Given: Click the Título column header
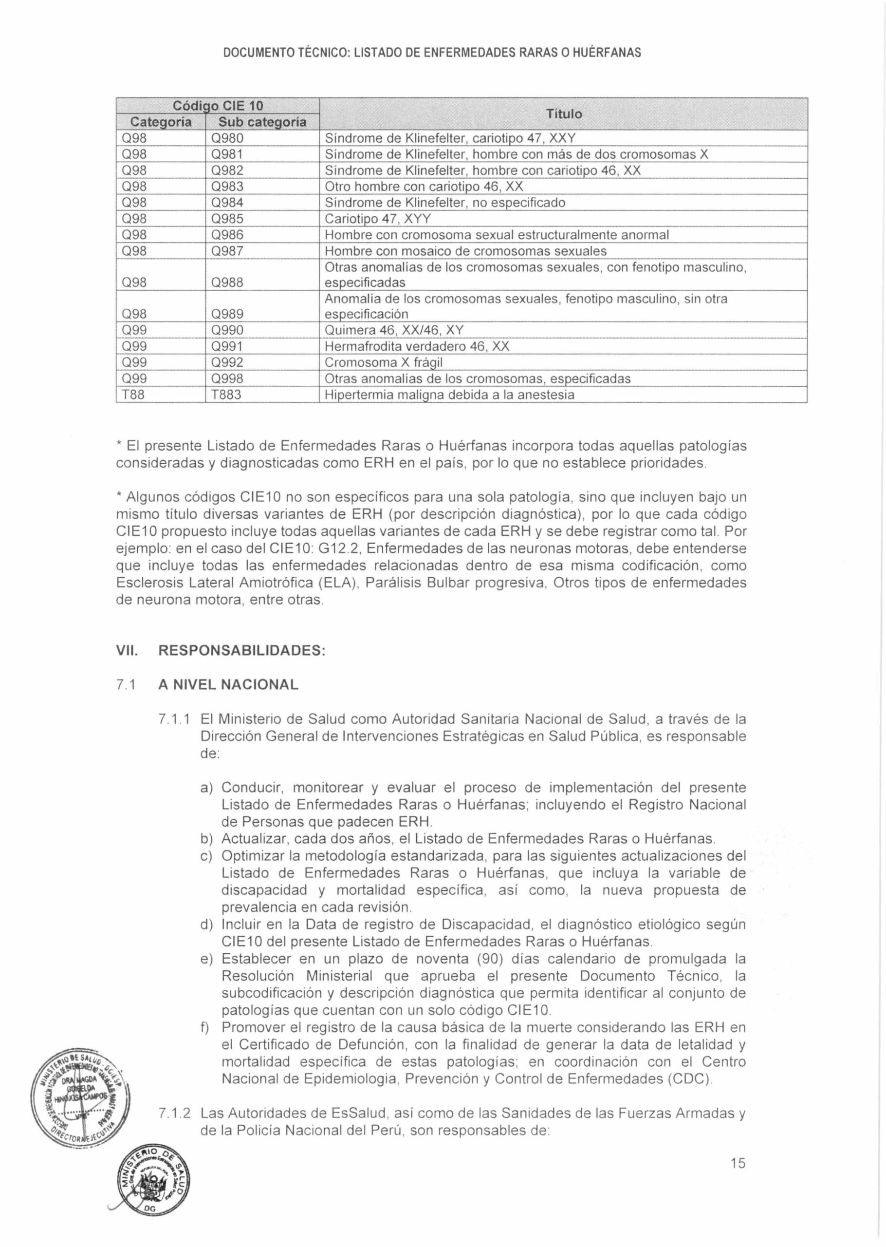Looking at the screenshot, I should click(x=564, y=114).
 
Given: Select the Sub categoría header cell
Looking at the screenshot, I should click(x=262, y=122).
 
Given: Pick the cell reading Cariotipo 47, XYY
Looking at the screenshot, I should click(x=378, y=219).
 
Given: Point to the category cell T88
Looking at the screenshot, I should click(x=132, y=395).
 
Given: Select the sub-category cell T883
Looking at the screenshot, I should click(x=226, y=395).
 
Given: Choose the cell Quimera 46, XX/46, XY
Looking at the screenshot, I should click(x=394, y=331).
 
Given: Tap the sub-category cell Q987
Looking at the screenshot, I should click(x=227, y=251).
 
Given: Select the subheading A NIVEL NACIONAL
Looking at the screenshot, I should click(x=228, y=685).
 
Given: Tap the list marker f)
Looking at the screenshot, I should click(x=207, y=1028).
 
